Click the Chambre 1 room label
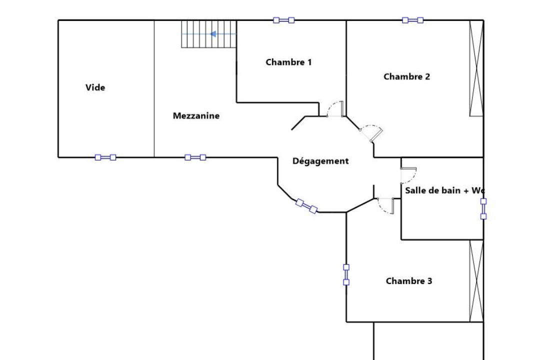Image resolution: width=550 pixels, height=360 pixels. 288,62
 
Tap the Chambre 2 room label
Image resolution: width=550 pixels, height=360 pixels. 406,76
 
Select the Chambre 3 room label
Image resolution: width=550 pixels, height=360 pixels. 409,281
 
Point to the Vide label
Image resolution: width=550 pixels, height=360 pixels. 95,87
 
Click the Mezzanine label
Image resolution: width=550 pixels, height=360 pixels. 196,116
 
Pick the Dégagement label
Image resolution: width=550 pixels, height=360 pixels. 320,161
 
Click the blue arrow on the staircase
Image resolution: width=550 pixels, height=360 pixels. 213,34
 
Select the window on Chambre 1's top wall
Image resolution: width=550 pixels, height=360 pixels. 283,20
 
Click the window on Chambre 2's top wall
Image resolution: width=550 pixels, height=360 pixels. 412,20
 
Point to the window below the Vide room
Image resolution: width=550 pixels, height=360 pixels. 105,157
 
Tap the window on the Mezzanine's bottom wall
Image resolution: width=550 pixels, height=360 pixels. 195,157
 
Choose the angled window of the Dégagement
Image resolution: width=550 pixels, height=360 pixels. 306,206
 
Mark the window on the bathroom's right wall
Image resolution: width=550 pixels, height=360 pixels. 483,209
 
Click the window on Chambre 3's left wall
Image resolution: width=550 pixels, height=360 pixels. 346,274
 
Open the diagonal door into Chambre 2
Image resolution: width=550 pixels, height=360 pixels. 371,132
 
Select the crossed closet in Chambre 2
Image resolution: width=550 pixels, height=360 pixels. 476,68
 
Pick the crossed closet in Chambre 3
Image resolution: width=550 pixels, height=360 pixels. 476,280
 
